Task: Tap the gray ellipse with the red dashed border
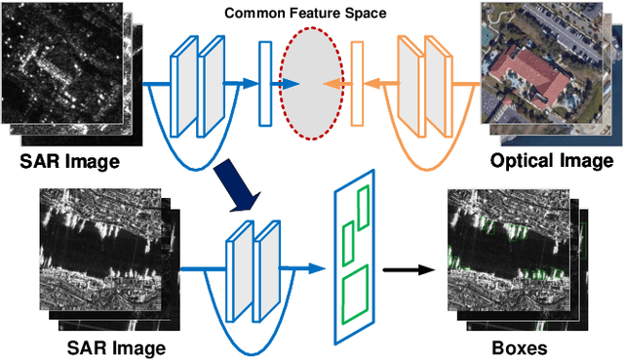[312, 84]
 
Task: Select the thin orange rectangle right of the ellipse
[357, 84]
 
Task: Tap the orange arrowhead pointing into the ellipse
[327, 84]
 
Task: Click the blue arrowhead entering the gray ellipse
[292, 84]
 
